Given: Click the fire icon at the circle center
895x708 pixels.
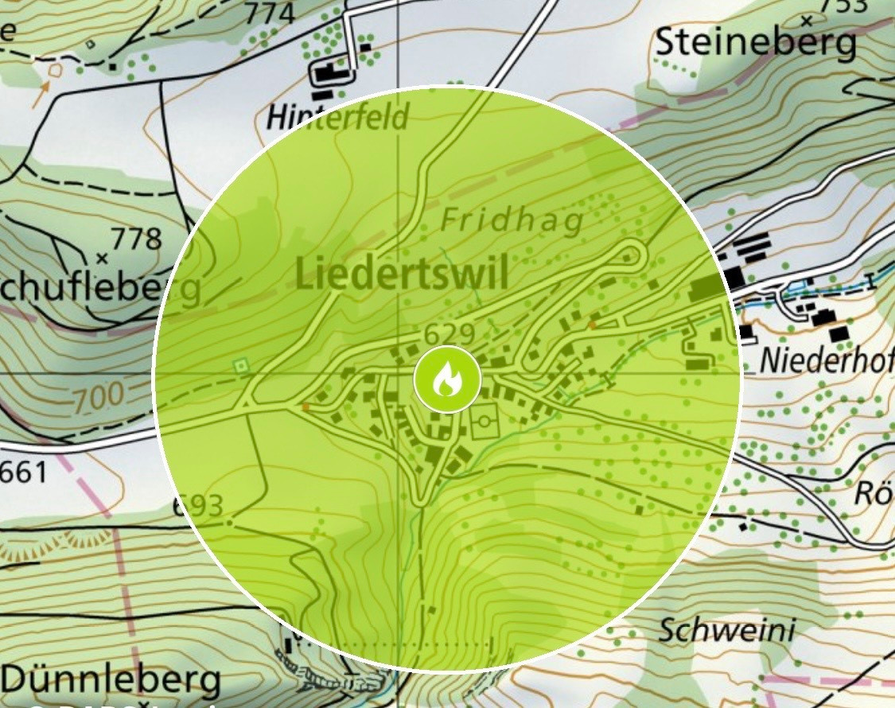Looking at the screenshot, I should coord(447,379).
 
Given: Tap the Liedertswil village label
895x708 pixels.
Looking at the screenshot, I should coord(402,275).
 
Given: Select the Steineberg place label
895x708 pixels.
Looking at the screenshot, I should coord(755,44).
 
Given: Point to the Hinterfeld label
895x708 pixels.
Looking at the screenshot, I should coord(337,118).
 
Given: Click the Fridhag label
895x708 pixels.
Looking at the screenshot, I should coord(512,220).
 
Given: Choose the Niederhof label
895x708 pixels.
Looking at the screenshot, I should coord(826,360).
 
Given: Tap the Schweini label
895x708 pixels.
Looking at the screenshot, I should coord(727,631).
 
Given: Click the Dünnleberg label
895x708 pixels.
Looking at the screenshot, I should coord(111,681).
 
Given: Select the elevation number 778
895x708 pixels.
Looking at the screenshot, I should coord(136,238).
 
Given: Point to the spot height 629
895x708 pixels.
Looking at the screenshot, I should coord(449,333).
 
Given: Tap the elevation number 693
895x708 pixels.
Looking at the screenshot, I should coord(197,506).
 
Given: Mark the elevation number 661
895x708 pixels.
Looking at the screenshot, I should coord(23,473).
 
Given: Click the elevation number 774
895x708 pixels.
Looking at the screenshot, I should coord(269,13).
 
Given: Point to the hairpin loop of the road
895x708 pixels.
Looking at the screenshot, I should coord(633,254).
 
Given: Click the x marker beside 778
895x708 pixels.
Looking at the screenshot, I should coord(101,258).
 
